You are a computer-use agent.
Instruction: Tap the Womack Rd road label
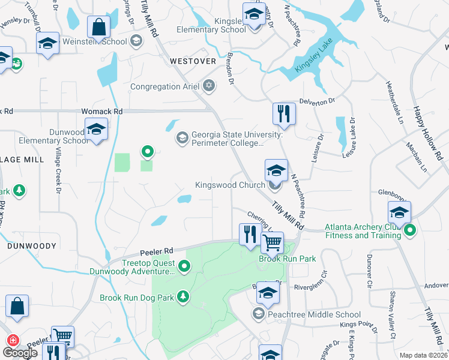pyautogui.click(x=102, y=112)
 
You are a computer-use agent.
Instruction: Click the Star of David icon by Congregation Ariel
pyautogui.click(x=209, y=86)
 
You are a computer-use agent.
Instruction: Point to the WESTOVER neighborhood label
pyautogui.click(x=192, y=61)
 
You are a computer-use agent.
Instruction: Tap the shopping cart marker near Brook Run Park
pyautogui.click(x=273, y=243)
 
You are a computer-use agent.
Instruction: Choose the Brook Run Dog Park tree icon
pyautogui.click(x=183, y=296)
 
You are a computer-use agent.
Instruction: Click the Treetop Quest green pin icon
pyautogui.click(x=185, y=266)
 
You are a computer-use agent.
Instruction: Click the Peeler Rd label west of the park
pyautogui.click(x=157, y=251)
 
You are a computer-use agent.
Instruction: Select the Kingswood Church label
pyautogui.click(x=230, y=185)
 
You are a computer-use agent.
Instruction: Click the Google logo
pyautogui.click(x=20, y=352)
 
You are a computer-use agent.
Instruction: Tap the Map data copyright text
pyautogui.click(x=423, y=355)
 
